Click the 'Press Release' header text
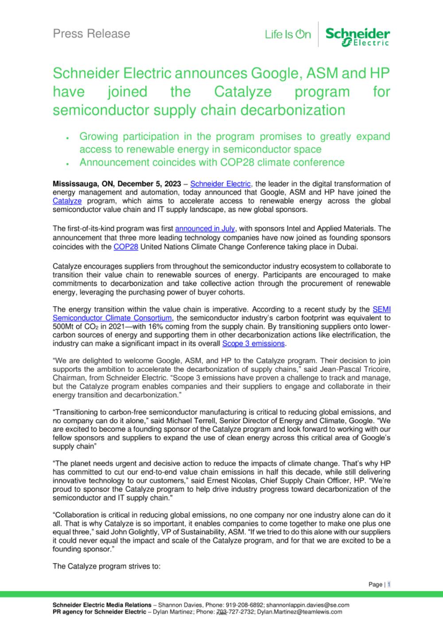pyautogui.click(x=91, y=34)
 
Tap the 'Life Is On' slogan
pyautogui.click(x=288, y=35)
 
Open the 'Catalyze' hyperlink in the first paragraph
pyautogui.click(x=67, y=201)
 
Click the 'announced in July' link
pyautogui.click(x=205, y=229)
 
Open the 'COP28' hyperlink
pyautogui.click(x=126, y=247)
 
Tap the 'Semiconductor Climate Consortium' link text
pyautogui.click(x=112, y=318)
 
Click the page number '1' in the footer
pyautogui.click(x=389, y=584)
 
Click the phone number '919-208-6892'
pyautogui.click(x=245, y=605)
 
